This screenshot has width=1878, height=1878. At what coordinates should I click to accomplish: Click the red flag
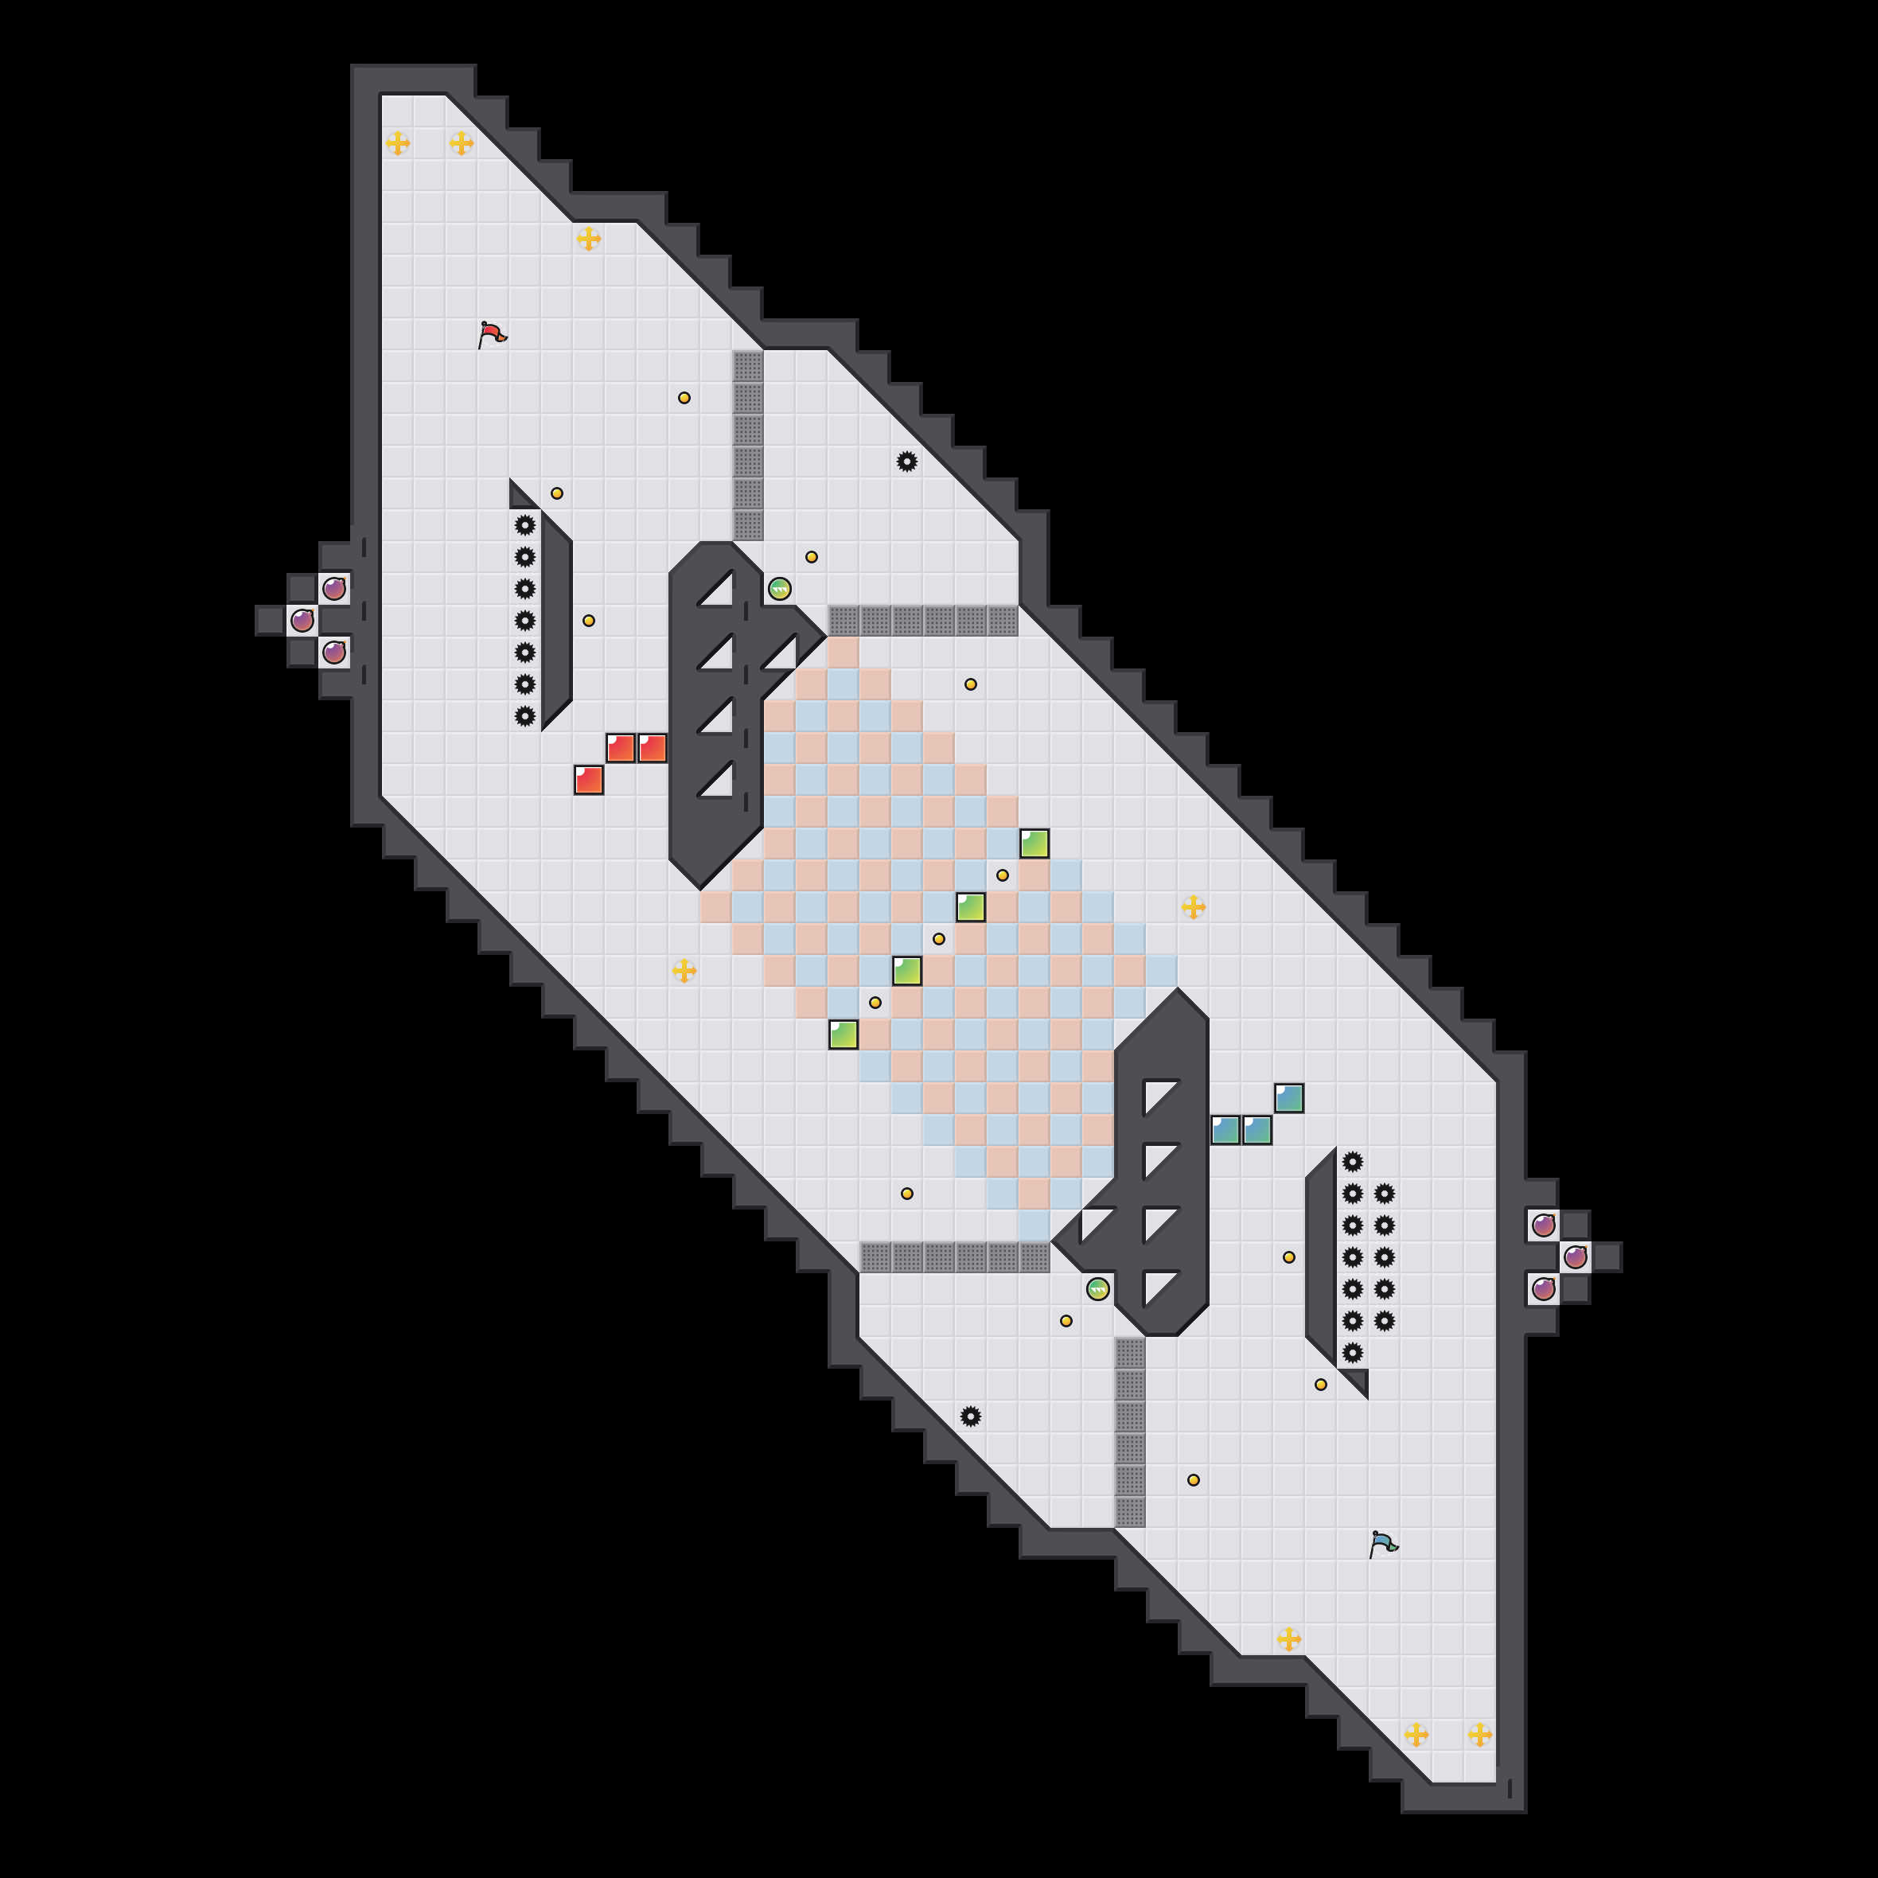pos(492,334)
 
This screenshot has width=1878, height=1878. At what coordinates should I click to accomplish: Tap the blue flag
pos(1382,1544)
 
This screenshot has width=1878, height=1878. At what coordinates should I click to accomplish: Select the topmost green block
pos(1034,844)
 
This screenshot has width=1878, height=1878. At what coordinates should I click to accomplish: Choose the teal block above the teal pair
pos(1289,1098)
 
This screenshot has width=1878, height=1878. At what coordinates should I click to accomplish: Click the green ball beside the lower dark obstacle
pos(1097,1289)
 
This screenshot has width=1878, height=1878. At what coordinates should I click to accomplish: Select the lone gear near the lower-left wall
pos(970,1416)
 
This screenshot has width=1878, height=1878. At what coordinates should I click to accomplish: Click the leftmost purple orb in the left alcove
pos(302,620)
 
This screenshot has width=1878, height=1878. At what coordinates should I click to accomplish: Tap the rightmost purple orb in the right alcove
pos(1576,1257)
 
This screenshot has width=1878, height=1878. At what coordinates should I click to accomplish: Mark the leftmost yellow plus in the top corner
pos(398,144)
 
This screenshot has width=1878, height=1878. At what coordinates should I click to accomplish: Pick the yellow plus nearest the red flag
pos(588,238)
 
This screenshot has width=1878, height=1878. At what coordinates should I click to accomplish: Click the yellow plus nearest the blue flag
pos(1289,1639)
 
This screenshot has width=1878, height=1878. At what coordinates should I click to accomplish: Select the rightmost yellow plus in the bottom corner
pos(1479,1734)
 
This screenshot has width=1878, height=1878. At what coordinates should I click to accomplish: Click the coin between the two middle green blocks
pos(939,939)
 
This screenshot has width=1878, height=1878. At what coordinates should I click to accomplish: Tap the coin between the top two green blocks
pos(1002,875)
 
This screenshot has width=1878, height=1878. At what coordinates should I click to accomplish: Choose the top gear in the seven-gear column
pos(525,525)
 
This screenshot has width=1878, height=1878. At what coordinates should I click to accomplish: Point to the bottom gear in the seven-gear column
pos(525,716)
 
